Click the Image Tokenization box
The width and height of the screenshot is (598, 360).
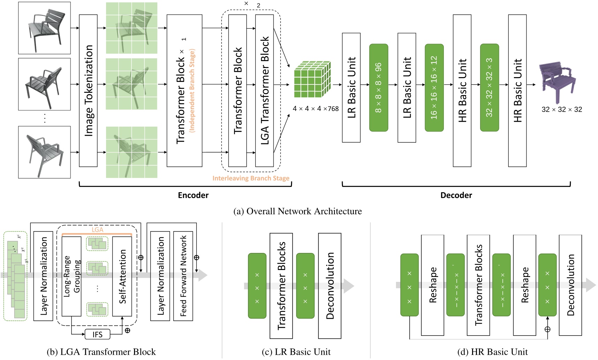[88, 91]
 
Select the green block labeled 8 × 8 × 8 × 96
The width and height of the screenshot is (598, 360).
[379, 88]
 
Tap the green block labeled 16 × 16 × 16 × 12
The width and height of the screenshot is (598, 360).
[434, 88]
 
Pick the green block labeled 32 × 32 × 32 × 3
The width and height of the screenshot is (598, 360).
[489, 88]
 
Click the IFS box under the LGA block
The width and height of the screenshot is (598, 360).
[97, 335]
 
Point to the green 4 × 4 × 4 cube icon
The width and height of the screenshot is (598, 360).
[312, 80]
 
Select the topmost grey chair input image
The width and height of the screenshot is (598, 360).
[44, 28]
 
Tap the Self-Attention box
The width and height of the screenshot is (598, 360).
[122, 276]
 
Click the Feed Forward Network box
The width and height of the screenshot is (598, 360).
[183, 276]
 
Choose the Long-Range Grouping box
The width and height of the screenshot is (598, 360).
[72, 276]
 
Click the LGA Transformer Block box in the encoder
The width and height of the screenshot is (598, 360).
[264, 91]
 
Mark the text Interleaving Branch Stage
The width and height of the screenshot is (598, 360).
[251, 178]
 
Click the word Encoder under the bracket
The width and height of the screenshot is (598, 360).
[193, 195]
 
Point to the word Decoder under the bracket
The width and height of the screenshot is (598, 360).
[456, 195]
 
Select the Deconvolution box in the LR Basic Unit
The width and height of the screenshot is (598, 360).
[330, 286]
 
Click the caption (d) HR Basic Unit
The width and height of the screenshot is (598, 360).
[492, 352]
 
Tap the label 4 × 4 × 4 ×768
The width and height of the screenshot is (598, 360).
[316, 109]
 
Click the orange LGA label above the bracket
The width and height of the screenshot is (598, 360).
[97, 230]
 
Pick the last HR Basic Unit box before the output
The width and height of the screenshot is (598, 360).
[517, 91]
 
